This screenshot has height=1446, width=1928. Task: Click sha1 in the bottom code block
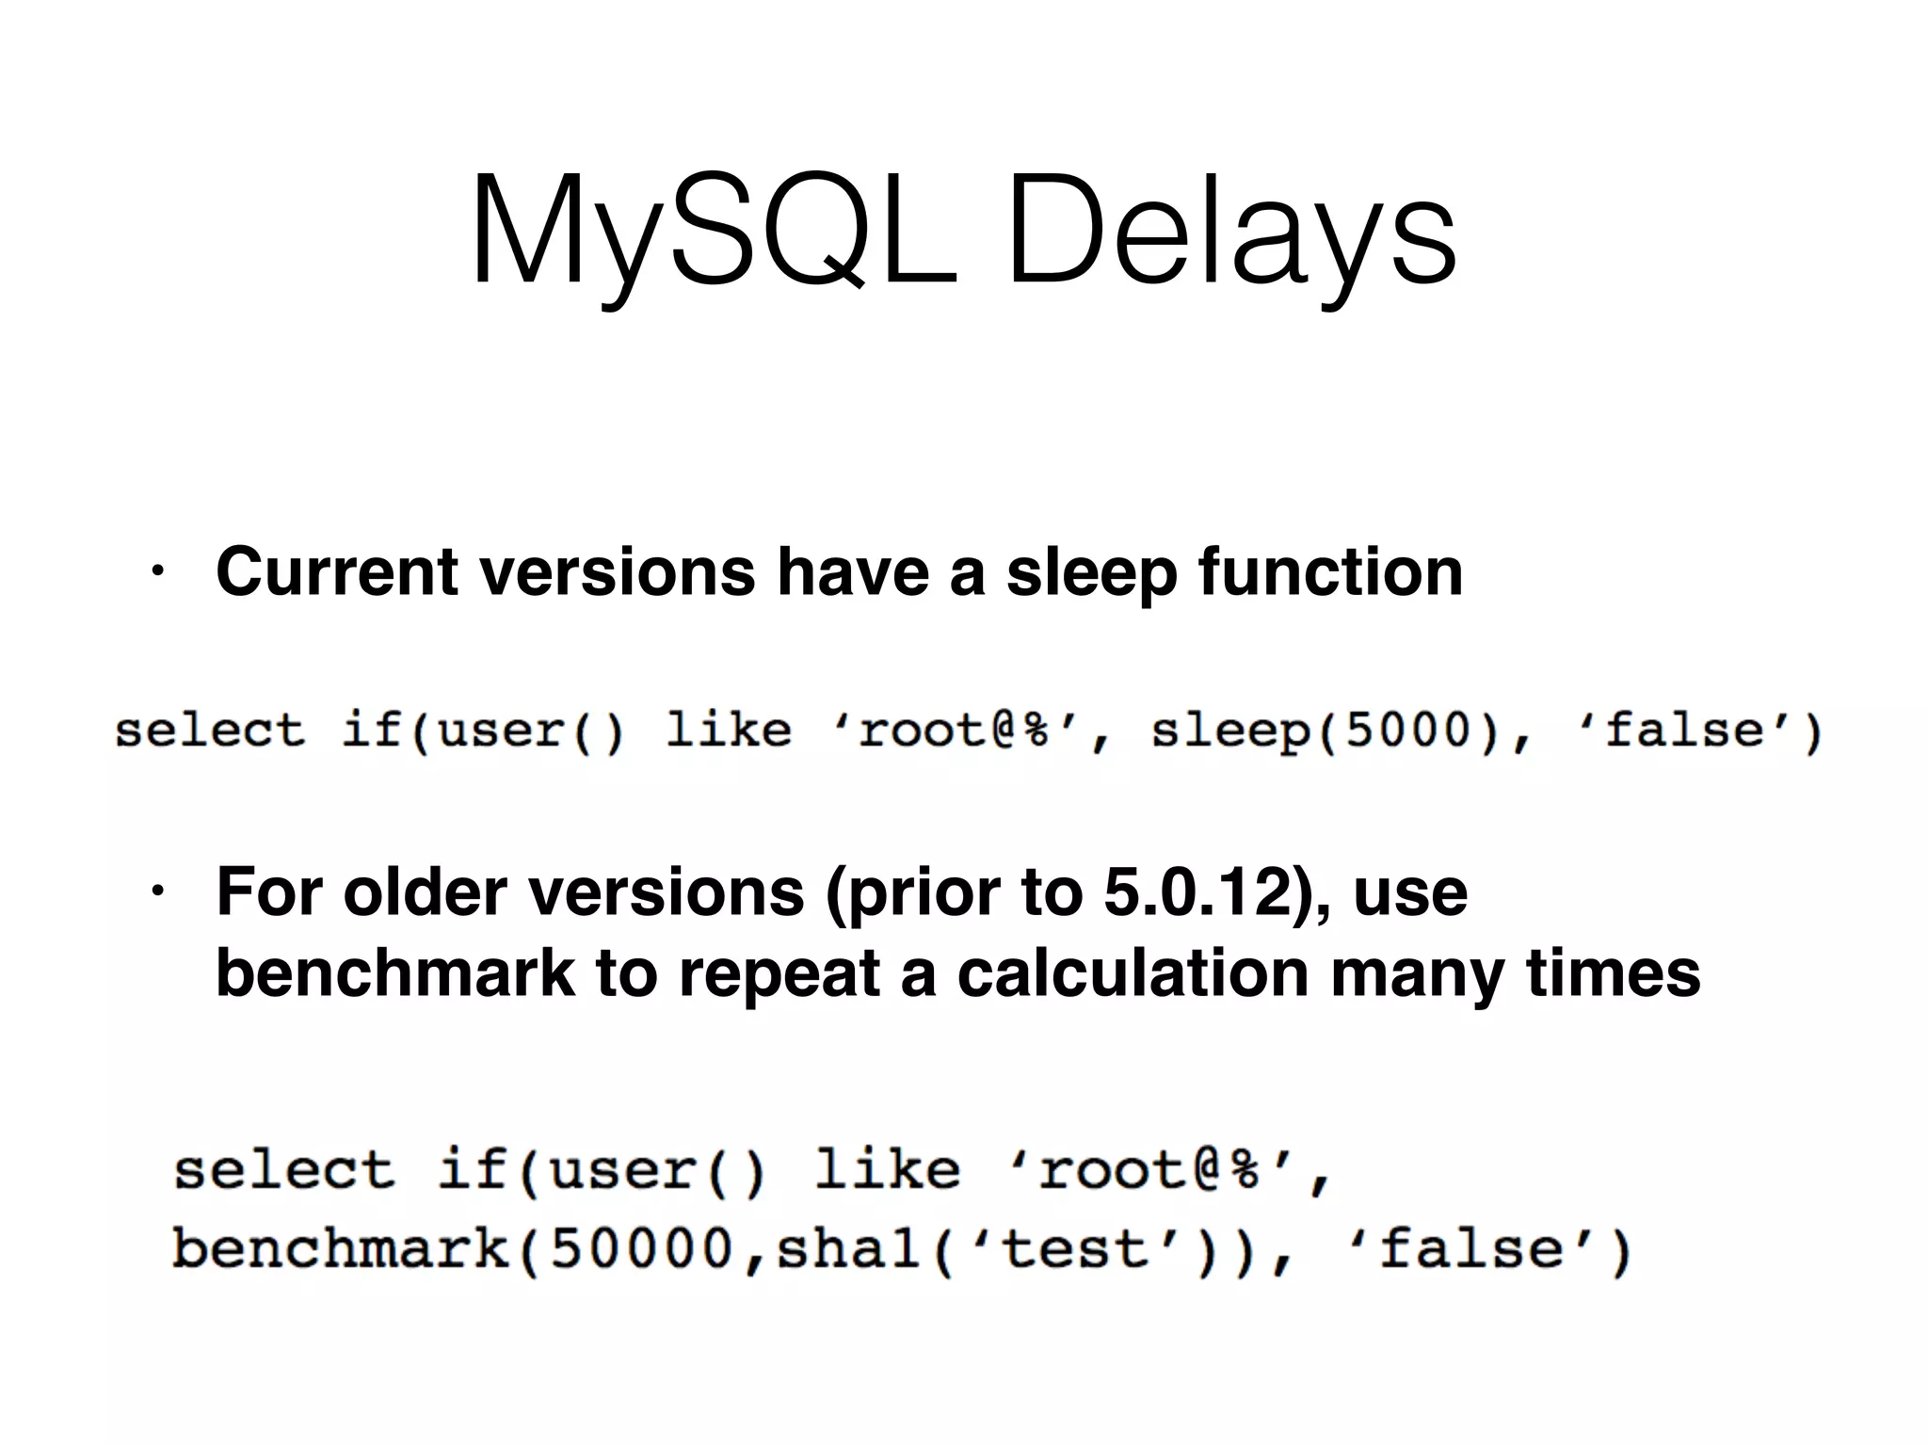click(x=848, y=1250)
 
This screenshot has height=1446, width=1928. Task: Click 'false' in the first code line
click(x=1685, y=731)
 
